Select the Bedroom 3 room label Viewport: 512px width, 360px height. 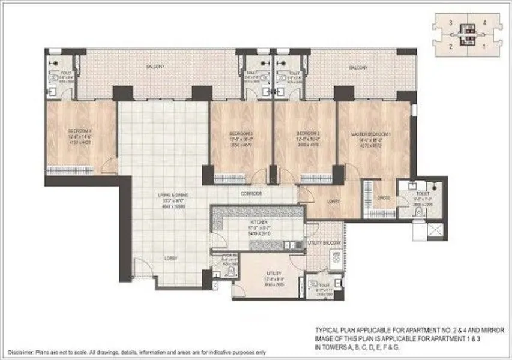241,133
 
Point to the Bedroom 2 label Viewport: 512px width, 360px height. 305,133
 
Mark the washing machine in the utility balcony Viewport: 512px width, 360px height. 336,257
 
